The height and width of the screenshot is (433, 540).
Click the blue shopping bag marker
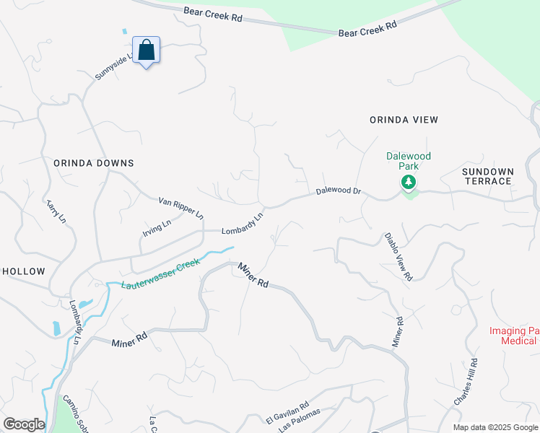(x=147, y=51)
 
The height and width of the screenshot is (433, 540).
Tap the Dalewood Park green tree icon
(x=409, y=182)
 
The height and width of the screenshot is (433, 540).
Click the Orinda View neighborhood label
(x=404, y=120)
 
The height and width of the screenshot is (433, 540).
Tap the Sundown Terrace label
(x=488, y=176)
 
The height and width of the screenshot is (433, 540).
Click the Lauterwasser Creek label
(x=160, y=275)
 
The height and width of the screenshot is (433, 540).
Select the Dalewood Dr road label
(x=338, y=193)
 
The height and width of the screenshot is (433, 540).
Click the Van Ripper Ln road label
(x=181, y=207)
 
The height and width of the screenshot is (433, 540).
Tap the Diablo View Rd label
(x=398, y=256)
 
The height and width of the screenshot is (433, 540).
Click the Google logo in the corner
(x=23, y=424)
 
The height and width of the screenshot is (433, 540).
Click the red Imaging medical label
(x=515, y=336)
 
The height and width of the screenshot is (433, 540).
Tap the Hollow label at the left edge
(x=23, y=271)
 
